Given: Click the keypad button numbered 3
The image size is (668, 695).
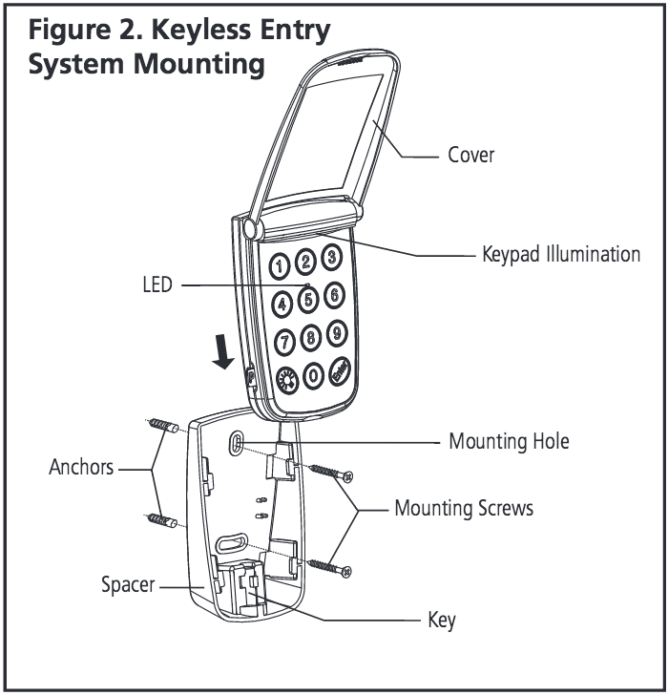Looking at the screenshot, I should tap(330, 256).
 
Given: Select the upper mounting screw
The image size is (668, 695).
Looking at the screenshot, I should tap(330, 473).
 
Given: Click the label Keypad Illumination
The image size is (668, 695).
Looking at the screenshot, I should tap(560, 255).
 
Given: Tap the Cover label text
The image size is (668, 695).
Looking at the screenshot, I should tap(471, 154).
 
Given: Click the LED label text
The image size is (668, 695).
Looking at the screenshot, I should tap(157, 284).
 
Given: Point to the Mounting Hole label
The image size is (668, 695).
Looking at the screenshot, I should tap(509, 442).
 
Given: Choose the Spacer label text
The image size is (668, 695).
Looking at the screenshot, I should tap(128, 583).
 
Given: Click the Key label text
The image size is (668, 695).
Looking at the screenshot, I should tap(441, 621).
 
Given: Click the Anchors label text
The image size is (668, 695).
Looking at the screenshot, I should tap(81, 468).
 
